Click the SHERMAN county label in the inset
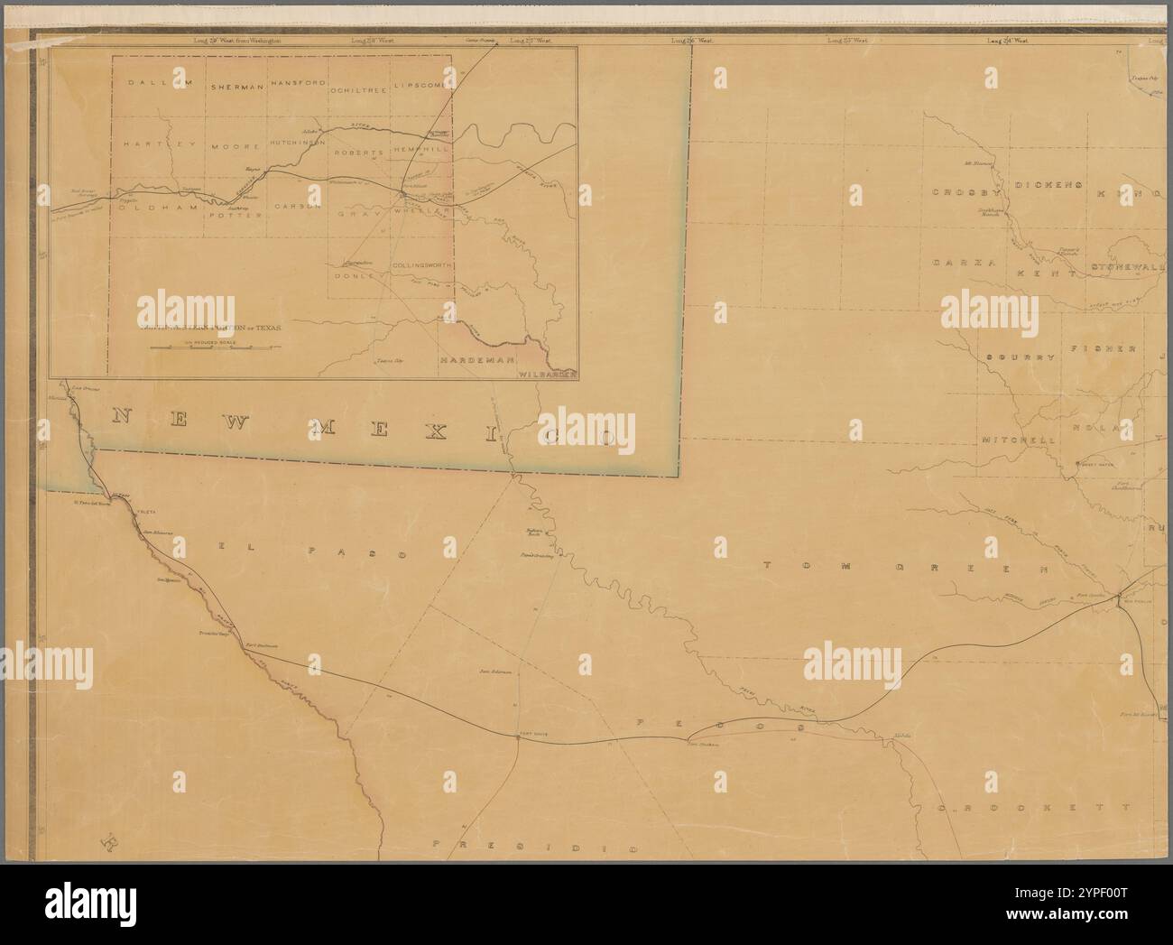point(237,87)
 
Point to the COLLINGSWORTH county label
point(420,265)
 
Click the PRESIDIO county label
point(536,848)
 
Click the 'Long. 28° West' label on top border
point(371,41)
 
